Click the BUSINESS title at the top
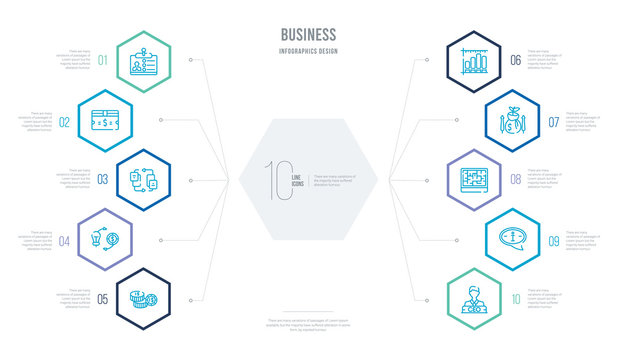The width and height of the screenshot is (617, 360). (x=308, y=34)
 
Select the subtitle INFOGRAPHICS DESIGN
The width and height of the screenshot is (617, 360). (x=308, y=49)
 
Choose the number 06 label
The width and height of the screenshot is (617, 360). (x=514, y=60)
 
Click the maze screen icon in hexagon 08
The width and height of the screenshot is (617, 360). (x=476, y=180)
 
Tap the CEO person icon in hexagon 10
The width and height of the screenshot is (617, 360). (x=476, y=297)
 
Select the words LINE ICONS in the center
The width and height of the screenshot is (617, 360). (x=297, y=178)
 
